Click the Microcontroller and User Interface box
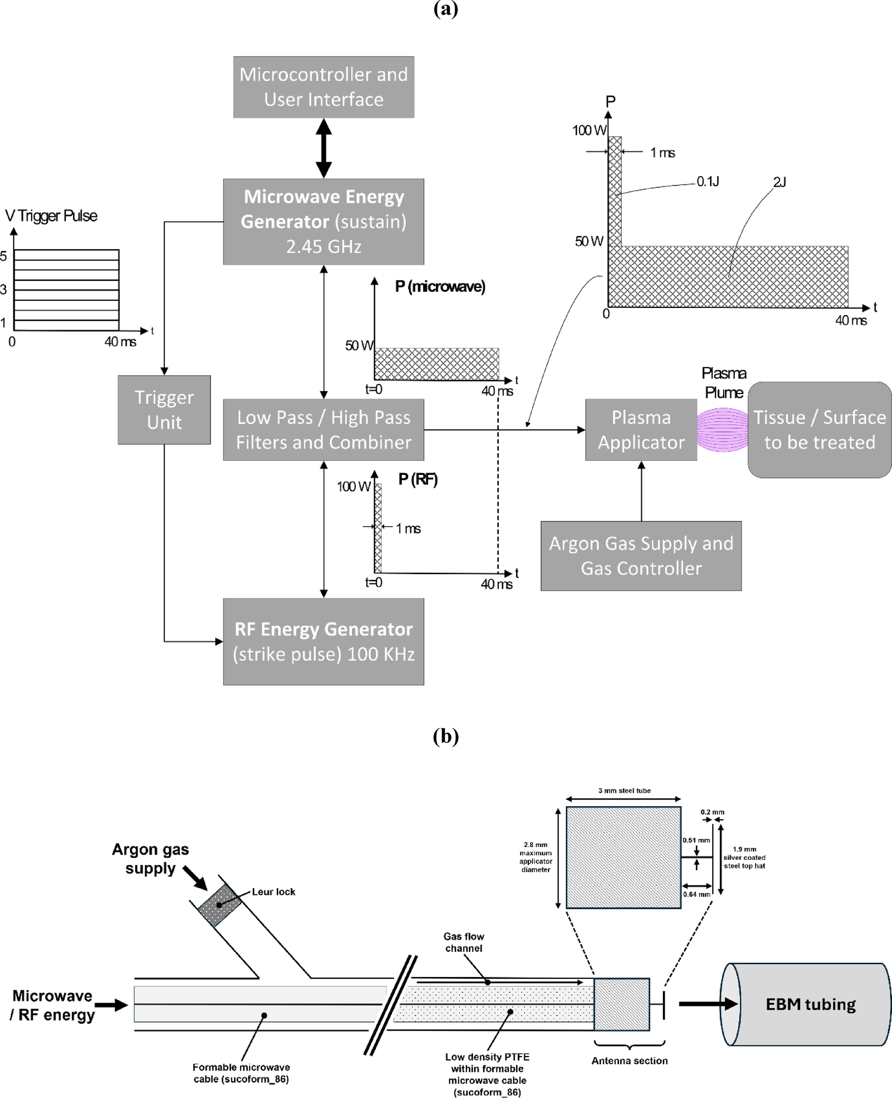tap(324, 87)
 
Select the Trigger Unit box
tap(164, 409)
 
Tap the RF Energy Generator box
tap(324, 641)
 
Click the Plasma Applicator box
tap(641, 430)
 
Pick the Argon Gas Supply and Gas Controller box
tap(641, 556)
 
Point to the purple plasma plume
tap(722, 430)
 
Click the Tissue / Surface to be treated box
tap(819, 430)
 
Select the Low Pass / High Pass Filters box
tap(324, 430)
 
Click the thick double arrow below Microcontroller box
tap(324, 148)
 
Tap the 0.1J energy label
tap(708, 181)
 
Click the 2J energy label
tap(779, 182)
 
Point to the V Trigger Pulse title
tap(51, 215)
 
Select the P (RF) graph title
tap(418, 479)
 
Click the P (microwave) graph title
tap(440, 286)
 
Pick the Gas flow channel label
tap(463, 942)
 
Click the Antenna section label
tap(629, 1061)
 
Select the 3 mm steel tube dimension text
tap(624, 791)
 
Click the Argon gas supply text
tap(150, 858)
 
